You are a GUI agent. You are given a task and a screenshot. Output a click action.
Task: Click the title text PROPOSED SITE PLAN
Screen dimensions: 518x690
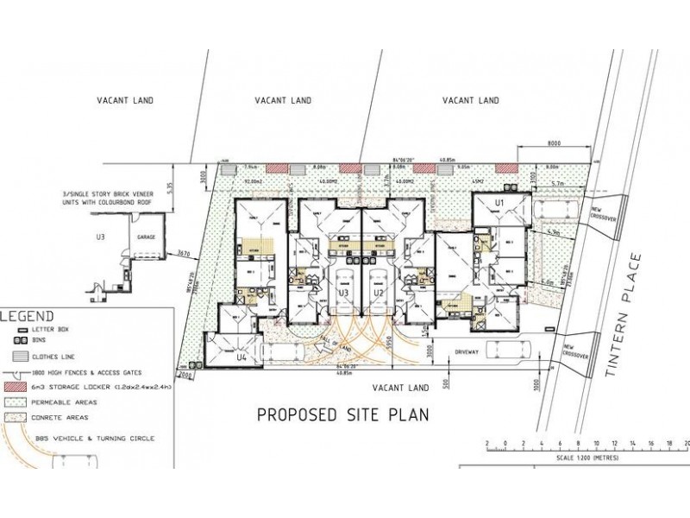(x=344, y=414)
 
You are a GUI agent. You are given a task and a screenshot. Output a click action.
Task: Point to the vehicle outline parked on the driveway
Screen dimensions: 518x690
(x=509, y=351)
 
